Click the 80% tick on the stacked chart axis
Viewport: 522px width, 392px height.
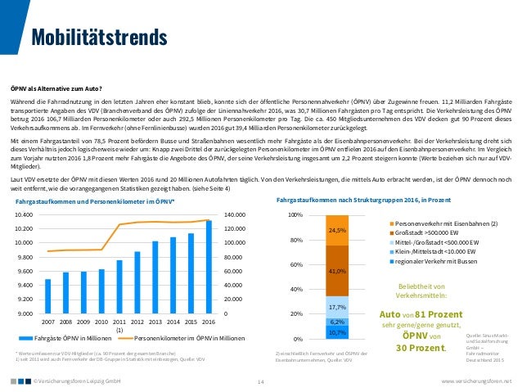pyautogui.click(x=296, y=240)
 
